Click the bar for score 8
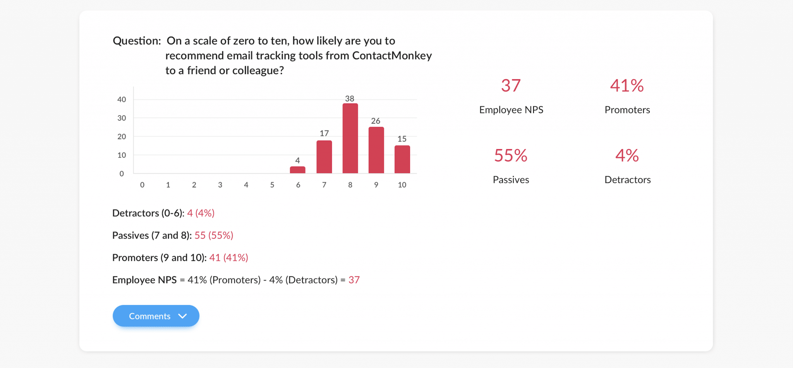[x=350, y=138]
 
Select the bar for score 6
[x=298, y=170]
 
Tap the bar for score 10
[x=402, y=159]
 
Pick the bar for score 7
[x=324, y=157]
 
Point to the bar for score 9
[x=376, y=150]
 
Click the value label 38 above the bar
[x=350, y=99]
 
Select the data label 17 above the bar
[x=324, y=133]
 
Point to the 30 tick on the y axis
[x=122, y=118]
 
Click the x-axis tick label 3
[x=220, y=185]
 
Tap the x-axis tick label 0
[x=142, y=185]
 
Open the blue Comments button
[x=150, y=316]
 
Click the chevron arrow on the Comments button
[x=182, y=316]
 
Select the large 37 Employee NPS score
[x=511, y=86]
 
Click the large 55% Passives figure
[x=511, y=156]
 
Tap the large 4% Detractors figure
[x=627, y=156]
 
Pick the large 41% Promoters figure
[x=627, y=86]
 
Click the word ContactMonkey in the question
[x=392, y=56]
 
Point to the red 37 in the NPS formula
[x=354, y=280]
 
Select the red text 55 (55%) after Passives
[x=214, y=235]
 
